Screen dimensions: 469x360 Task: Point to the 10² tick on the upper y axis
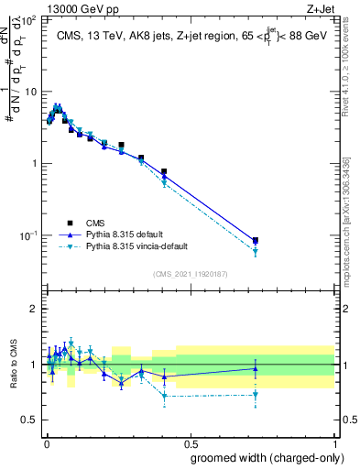(x=29, y=20)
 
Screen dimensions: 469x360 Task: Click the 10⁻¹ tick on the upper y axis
(x=29, y=235)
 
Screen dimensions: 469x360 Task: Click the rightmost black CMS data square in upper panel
(x=256, y=240)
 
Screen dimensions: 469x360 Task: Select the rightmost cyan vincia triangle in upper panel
(x=256, y=251)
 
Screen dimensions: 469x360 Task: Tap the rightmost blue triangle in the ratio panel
(x=256, y=369)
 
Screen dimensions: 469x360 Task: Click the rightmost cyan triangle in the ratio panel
(x=256, y=395)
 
